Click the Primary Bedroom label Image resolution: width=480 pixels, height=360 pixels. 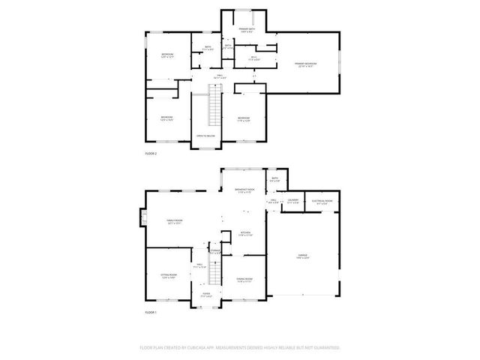(305, 64)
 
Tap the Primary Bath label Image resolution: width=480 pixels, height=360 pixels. (246, 30)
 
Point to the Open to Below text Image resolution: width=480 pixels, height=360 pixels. (205, 136)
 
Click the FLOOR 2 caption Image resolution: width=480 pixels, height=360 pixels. (151, 153)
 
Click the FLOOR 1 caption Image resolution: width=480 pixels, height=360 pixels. (151, 311)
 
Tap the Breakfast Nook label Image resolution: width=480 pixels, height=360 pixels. (245, 190)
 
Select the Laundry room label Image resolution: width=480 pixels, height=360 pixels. (293, 201)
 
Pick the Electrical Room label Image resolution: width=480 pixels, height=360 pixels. (322, 201)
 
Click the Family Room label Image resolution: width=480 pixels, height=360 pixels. (175, 220)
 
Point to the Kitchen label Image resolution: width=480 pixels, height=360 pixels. (244, 234)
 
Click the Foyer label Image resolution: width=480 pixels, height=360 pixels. (205, 295)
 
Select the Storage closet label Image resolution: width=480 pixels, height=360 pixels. (216, 252)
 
